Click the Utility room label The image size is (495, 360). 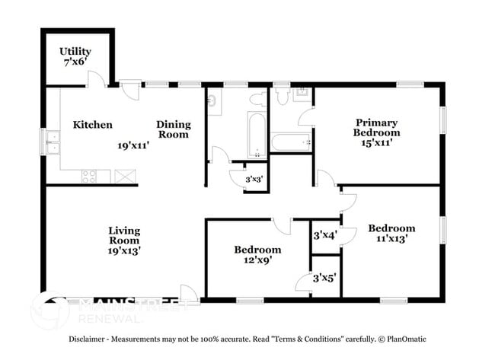point(75,52)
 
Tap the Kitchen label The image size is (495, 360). point(93,125)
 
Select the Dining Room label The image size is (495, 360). point(173,129)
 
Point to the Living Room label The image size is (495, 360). point(123,235)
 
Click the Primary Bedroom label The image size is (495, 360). point(376,126)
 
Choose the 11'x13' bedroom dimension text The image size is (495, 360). point(391,238)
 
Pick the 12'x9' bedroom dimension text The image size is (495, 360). point(257,260)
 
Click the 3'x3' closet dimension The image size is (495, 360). point(254,180)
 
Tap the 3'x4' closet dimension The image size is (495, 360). point(325,236)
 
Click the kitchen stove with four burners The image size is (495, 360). point(89,176)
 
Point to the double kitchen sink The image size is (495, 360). point(53,142)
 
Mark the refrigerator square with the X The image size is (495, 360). point(122,176)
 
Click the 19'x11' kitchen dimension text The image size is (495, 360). point(133,144)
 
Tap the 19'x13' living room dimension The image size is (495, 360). point(123,250)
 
